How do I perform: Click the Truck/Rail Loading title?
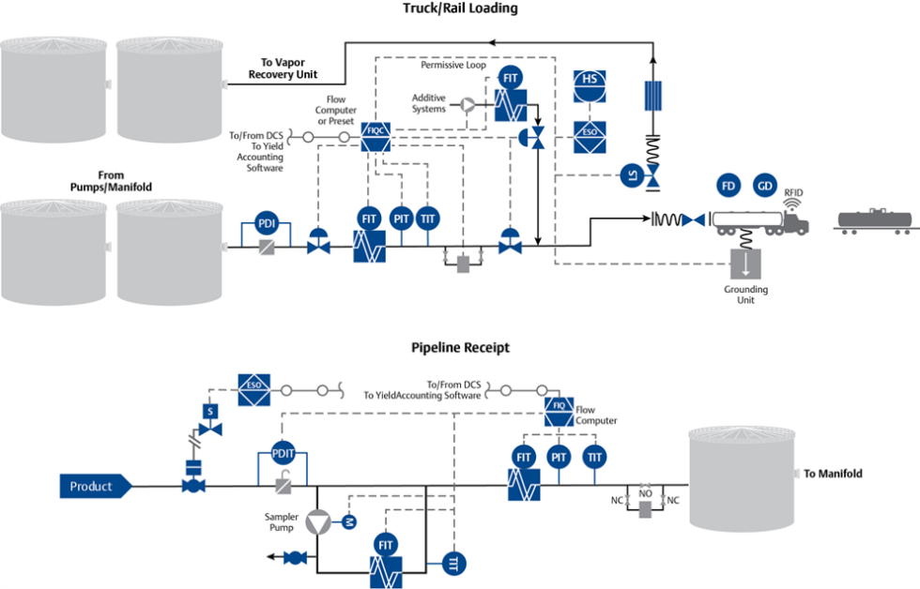tap(459, 8)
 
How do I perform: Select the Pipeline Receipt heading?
tap(460, 347)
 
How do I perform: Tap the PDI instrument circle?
tap(269, 224)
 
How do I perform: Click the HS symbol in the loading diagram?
tap(590, 80)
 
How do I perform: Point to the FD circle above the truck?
tap(728, 186)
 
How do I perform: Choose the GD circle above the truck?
tap(765, 186)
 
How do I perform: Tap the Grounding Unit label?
tap(745, 294)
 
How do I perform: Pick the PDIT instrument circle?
tap(283, 453)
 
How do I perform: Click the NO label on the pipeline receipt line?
tap(645, 491)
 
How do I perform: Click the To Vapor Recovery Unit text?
tap(283, 68)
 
